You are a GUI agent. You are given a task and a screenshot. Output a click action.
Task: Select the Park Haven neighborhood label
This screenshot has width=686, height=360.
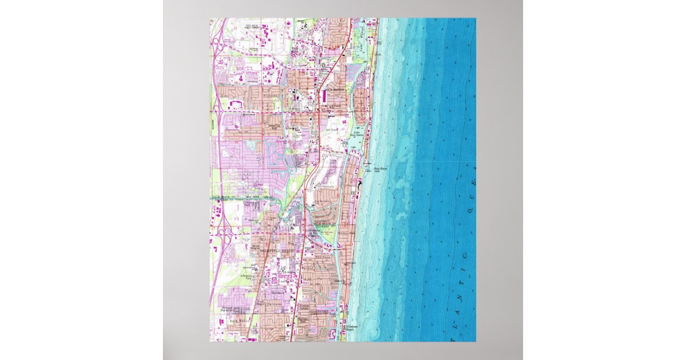coord(238,322)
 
